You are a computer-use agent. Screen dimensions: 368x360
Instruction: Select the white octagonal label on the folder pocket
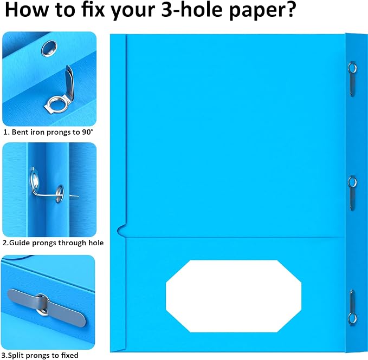234,296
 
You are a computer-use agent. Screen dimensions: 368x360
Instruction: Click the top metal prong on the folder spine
352,79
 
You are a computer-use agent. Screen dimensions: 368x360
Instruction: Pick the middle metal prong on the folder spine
352,193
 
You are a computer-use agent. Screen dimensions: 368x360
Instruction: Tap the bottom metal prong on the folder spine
352,307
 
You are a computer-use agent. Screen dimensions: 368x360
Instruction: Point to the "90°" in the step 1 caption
88,132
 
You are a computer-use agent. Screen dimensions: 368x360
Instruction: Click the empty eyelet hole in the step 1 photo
49,48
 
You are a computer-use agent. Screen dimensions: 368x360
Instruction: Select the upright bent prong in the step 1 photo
69,82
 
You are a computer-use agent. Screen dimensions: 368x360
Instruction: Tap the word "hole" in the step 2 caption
96,243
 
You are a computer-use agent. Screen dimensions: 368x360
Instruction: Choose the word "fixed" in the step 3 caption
69,355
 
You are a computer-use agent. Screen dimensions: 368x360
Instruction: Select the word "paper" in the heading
255,11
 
